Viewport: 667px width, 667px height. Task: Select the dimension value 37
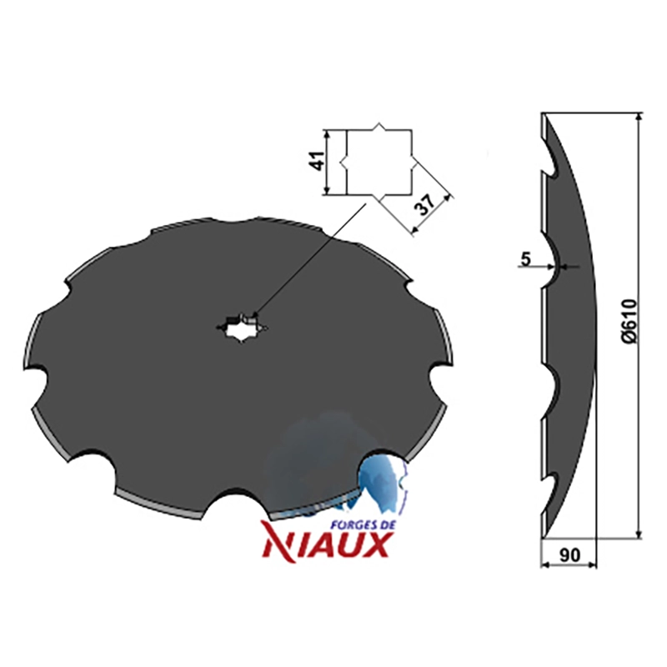[x=425, y=205]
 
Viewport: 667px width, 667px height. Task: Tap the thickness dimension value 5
[x=526, y=258]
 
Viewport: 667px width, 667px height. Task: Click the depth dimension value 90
[x=570, y=555]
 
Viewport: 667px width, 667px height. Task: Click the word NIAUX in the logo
[x=326, y=546]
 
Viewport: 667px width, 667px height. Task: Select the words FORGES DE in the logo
[x=364, y=525]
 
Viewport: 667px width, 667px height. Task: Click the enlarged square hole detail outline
[x=379, y=161]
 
